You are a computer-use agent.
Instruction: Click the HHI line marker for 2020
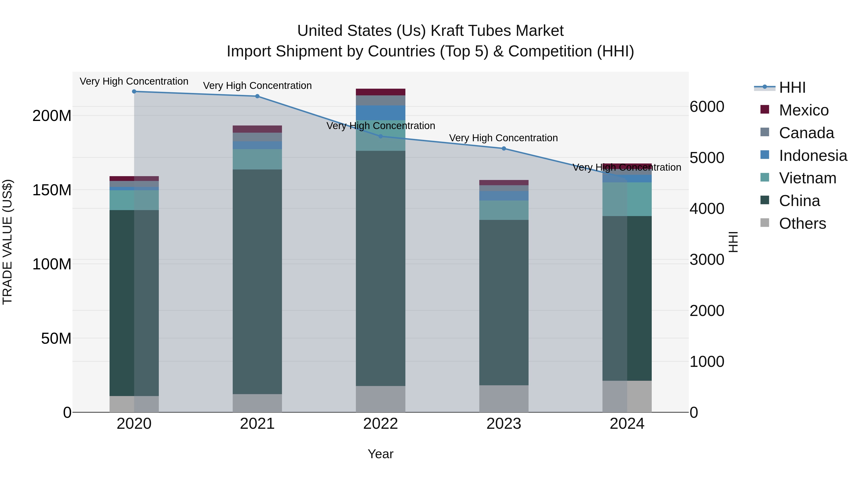point(134,92)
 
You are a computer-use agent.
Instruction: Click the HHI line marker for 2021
point(257,96)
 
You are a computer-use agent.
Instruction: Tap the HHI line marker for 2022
point(380,136)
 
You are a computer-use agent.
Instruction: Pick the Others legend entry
point(802,223)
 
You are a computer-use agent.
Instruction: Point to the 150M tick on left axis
point(52,190)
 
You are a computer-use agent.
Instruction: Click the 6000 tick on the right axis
point(706,107)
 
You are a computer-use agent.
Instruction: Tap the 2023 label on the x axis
point(504,424)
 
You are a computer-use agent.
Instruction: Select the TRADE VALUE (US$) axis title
point(8,242)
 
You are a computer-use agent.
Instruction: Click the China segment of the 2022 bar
point(380,267)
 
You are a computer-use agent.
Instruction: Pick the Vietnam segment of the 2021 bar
point(257,159)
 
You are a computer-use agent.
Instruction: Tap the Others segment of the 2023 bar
point(504,399)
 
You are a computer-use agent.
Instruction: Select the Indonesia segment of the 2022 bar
point(380,113)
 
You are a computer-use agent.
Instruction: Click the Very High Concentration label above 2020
point(134,82)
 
